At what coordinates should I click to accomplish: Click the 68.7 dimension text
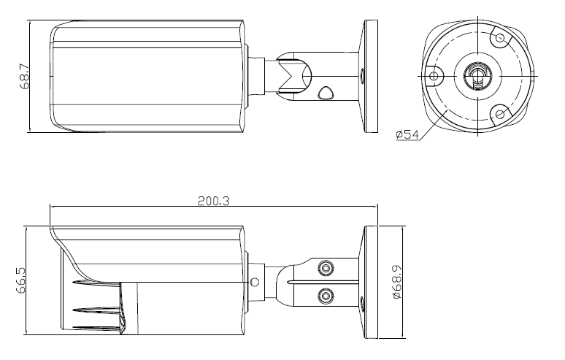25,77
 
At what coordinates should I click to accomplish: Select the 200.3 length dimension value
213,201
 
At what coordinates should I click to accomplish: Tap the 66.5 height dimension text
21,280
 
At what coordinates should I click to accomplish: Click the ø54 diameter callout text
407,135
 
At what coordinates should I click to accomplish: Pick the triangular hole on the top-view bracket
326,92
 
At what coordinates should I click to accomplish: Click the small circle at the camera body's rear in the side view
254,282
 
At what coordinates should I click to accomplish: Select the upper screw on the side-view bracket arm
326,268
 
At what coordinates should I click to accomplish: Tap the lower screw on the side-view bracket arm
326,296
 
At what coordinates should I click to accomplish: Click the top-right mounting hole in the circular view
500,37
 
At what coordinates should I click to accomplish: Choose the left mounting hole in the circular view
434,76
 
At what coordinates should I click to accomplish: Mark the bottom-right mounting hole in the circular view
500,114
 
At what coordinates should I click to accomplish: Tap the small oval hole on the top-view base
363,76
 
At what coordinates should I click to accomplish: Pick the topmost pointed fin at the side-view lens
96,283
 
